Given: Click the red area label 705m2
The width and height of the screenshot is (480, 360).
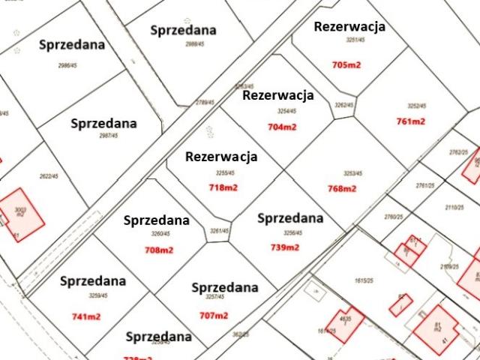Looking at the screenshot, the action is click(346, 65).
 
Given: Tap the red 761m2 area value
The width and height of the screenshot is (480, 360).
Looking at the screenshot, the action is click(410, 121).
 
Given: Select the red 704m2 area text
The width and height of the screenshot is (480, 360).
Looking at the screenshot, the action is click(281, 127).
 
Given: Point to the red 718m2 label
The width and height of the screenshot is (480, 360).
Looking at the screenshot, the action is click(223, 187).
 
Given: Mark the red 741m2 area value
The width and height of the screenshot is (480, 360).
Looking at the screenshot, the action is click(86, 316).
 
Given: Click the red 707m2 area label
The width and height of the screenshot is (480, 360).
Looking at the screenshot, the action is click(213, 315).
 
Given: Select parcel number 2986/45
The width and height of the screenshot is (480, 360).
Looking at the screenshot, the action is click(68, 65).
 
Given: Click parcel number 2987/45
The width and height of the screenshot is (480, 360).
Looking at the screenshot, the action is click(110, 136).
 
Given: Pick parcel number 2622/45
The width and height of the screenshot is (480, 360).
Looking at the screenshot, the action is click(49, 176).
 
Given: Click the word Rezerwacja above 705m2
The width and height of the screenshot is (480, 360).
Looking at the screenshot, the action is click(349, 26).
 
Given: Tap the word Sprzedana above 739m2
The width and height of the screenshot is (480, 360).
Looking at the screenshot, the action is click(290, 218).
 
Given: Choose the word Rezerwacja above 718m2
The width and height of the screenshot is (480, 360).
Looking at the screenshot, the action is click(221, 157).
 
